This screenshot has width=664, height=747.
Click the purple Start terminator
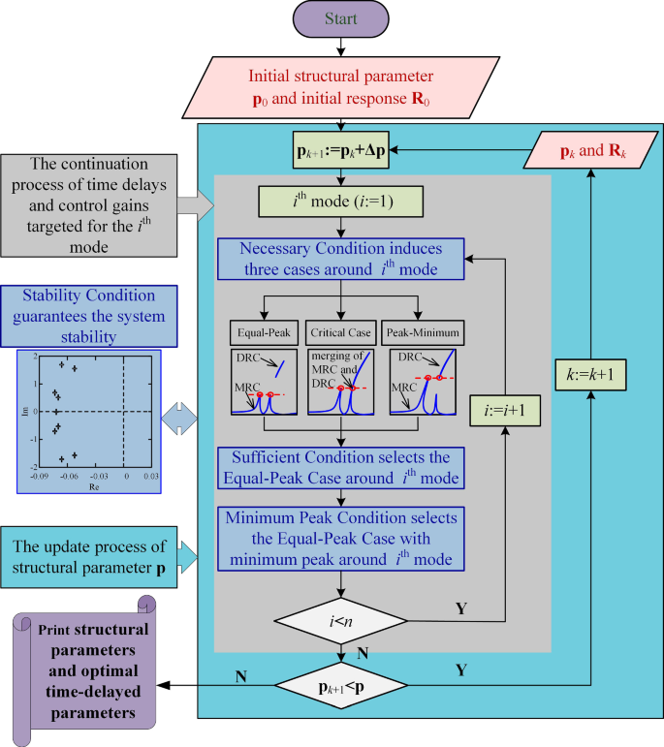[340, 20]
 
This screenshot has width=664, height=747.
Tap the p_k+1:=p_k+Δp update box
[340, 151]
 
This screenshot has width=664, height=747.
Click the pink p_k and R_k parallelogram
[587, 151]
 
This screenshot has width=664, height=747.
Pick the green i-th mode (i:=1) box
[340, 205]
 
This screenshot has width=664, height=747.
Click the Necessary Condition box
[340, 259]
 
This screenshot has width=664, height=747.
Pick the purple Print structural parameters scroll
[79, 669]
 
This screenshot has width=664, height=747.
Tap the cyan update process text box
[88, 555]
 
